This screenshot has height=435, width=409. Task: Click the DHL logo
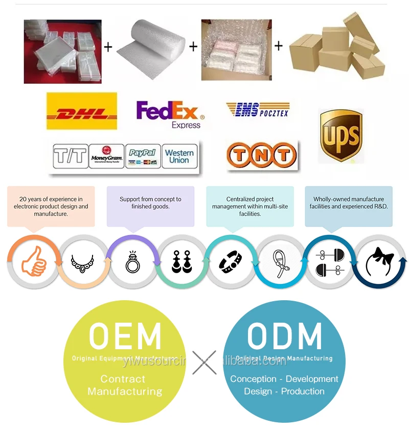(81, 111)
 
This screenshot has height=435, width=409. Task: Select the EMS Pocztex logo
(257, 109)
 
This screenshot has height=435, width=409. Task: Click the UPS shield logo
(340, 135)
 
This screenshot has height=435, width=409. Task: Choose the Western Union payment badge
(179, 156)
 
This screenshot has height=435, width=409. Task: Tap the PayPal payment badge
(143, 156)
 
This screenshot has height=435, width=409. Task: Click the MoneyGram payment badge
(106, 156)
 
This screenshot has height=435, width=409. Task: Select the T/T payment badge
(71, 156)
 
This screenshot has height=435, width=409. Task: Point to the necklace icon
(83, 261)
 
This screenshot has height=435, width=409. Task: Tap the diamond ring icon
(132, 261)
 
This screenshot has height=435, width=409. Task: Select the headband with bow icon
(380, 261)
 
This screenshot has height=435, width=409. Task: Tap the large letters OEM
(125, 336)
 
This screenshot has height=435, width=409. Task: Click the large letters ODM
(284, 336)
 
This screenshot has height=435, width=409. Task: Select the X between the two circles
(204, 362)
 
